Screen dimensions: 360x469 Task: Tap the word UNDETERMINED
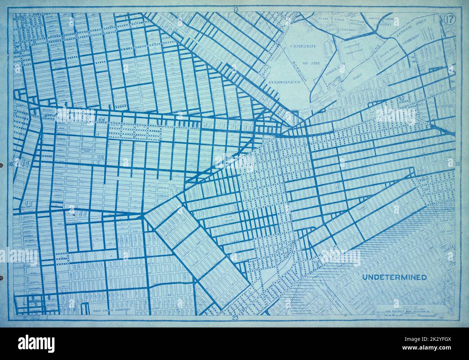(x=394, y=277)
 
